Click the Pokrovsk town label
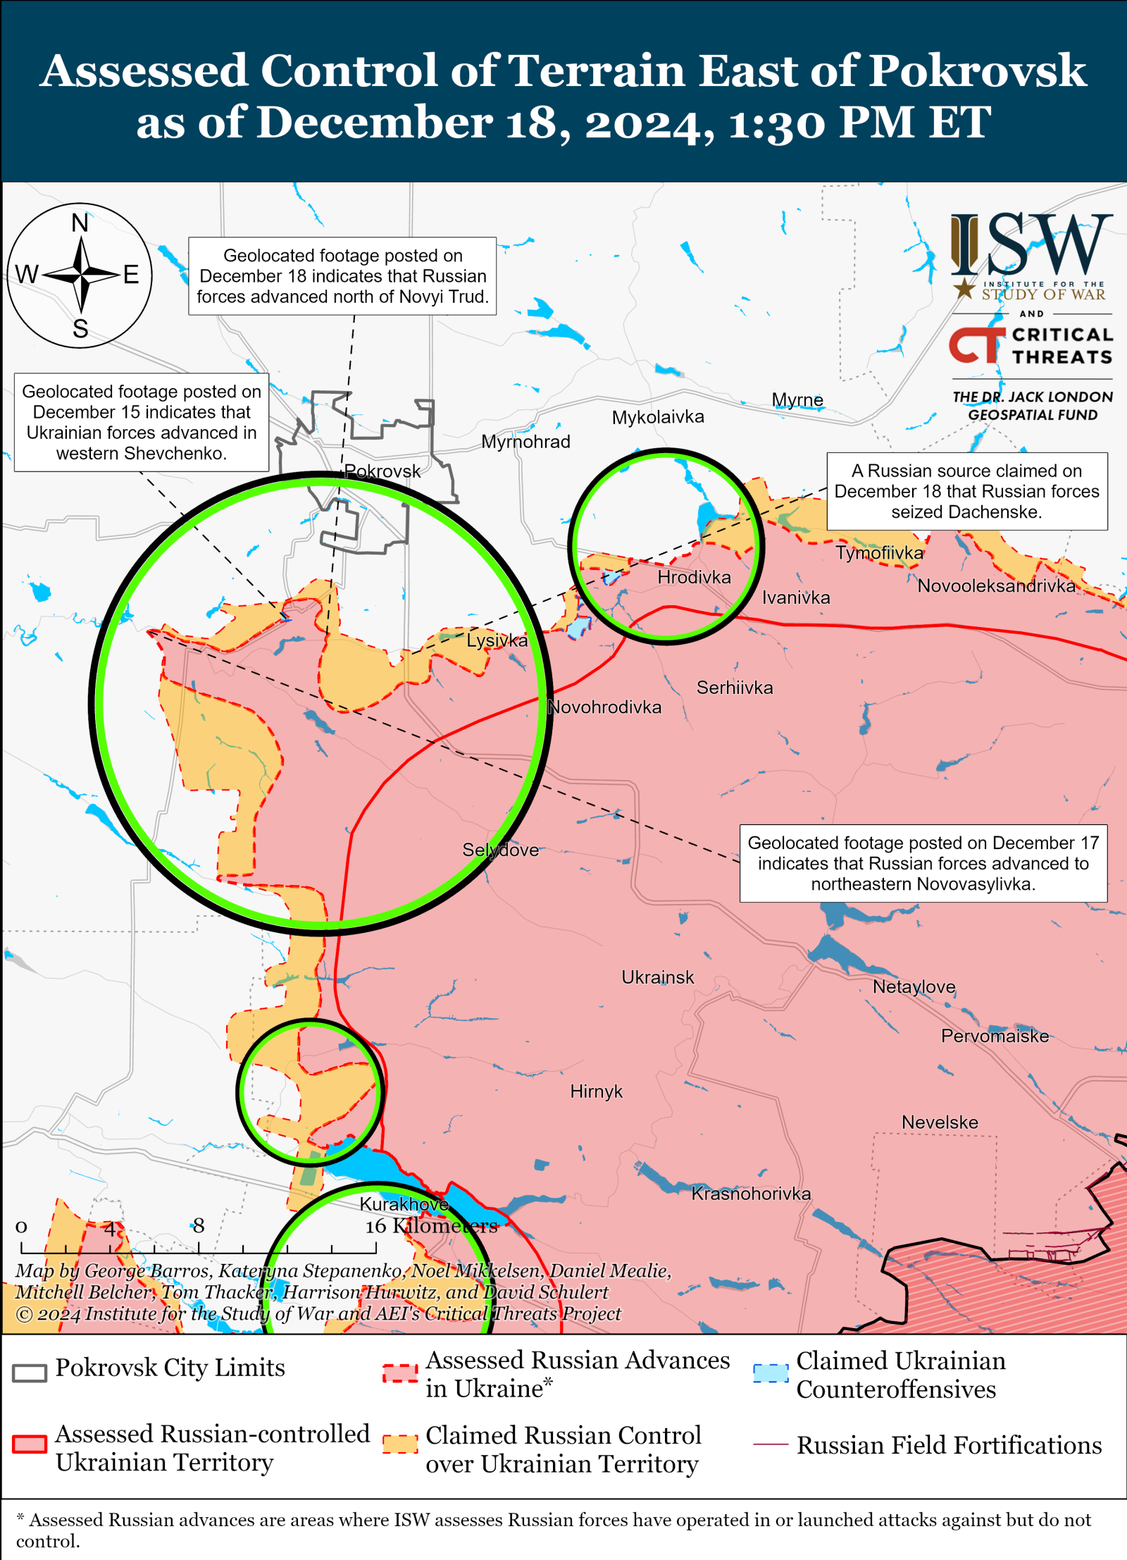382,471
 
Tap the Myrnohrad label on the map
525,442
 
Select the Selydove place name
500,850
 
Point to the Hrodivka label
694,577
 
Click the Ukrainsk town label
657,977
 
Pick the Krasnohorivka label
751,1194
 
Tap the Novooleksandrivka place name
996,586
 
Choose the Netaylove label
914,986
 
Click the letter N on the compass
80,223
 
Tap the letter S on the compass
80,328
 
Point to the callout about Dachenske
966,491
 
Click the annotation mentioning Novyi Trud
342,276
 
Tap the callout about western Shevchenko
142,422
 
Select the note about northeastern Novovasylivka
923,863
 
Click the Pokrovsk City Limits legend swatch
30,1372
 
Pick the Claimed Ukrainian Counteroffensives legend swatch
770,1373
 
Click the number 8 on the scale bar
199,1226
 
